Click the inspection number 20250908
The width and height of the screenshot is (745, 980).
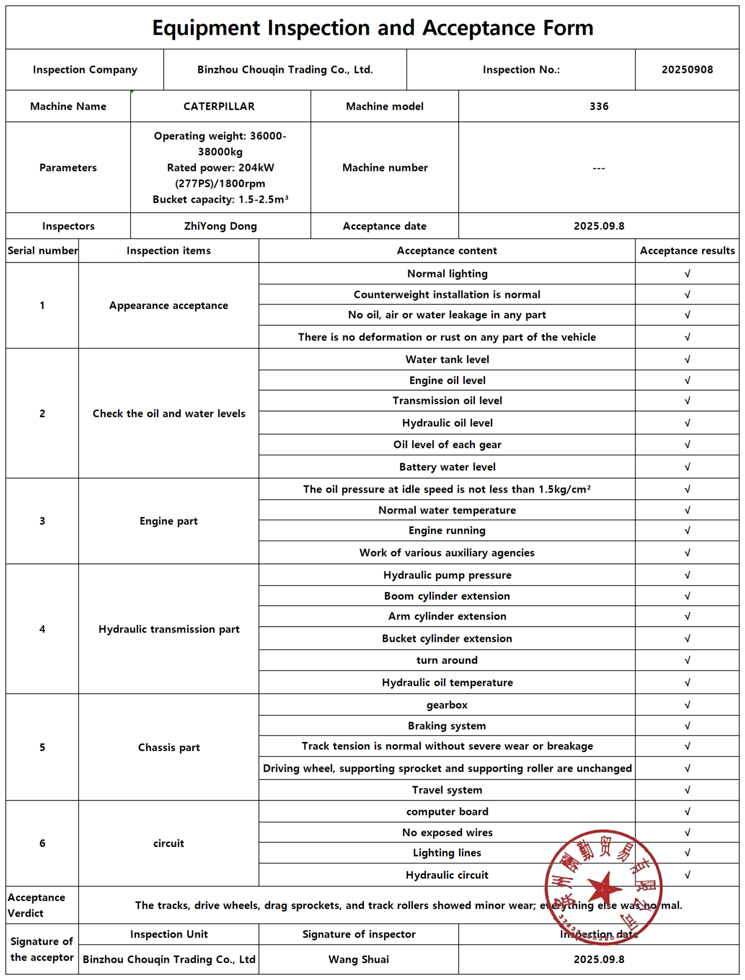point(687,70)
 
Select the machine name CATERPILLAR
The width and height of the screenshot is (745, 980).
point(219,106)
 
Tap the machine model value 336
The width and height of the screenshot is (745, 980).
point(598,106)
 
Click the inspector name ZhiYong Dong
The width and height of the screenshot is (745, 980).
point(221,226)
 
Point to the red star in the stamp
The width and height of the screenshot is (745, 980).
point(603,888)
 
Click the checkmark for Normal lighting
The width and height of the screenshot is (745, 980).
point(687,274)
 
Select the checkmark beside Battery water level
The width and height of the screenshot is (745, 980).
point(687,467)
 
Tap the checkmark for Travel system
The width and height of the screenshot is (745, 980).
point(687,790)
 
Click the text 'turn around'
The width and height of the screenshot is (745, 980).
point(447,660)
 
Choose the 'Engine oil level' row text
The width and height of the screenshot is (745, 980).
point(447,380)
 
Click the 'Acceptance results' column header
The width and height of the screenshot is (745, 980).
point(687,251)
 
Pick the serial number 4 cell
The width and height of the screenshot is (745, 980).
point(42,629)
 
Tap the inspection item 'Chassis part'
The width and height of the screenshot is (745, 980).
point(169,748)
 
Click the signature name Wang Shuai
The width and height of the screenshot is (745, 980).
point(359,959)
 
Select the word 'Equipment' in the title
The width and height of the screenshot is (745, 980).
point(206,28)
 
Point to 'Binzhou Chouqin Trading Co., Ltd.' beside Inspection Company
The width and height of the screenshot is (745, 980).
point(285,70)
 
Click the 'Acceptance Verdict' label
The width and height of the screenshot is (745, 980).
point(36,905)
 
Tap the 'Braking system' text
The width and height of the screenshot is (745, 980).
point(447,726)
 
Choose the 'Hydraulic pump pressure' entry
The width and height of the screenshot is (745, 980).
point(447,575)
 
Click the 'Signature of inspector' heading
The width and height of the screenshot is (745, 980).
point(359,934)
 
